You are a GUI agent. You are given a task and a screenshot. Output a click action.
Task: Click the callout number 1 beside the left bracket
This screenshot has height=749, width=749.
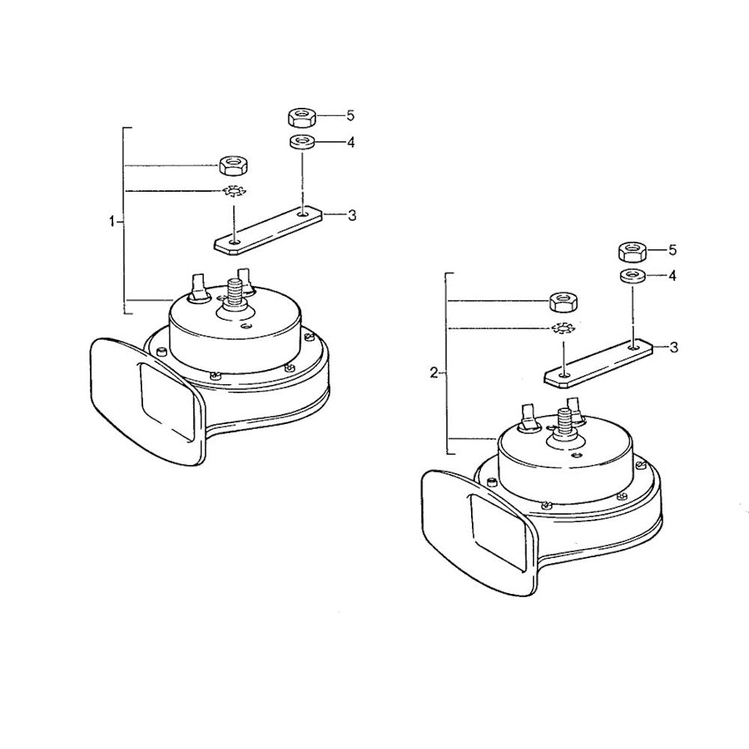tap(112, 222)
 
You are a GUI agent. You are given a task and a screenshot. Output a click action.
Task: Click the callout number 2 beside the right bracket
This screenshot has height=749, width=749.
tap(434, 372)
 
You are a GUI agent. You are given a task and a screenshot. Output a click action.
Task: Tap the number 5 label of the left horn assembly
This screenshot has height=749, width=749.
tap(351, 115)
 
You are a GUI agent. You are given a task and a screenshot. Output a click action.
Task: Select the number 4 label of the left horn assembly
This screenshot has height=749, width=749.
tap(351, 142)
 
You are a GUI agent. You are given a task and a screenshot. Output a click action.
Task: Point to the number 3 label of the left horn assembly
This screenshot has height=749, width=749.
tap(351, 216)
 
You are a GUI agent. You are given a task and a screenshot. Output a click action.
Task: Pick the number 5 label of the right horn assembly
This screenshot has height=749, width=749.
tap(673, 249)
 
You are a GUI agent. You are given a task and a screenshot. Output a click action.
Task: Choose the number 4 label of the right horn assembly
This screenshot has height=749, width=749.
tap(673, 276)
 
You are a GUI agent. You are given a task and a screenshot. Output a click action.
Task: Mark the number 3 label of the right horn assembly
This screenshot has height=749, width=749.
tap(673, 348)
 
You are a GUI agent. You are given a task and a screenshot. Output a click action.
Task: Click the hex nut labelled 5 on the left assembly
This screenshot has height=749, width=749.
tap(301, 117)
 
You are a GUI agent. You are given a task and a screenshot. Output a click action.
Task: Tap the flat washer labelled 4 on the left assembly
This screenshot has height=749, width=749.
tap(301, 142)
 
